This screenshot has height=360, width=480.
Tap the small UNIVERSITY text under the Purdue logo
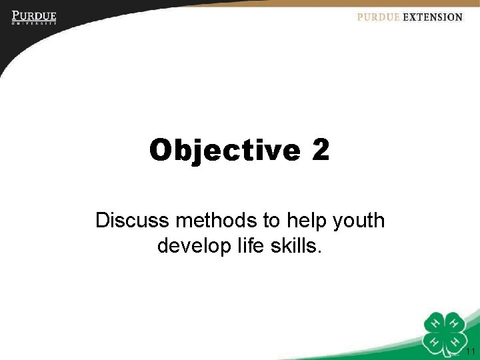33,23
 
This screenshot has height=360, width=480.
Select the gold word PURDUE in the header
378,17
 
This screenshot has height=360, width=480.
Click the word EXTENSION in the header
432,17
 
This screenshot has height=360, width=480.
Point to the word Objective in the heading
225,150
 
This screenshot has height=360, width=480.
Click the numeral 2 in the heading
320,150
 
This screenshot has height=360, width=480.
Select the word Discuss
133,220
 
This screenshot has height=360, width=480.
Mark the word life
251,246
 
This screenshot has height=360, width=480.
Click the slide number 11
470,352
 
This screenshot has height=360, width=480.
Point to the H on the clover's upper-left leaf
437,323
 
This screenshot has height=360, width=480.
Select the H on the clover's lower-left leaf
437,341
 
